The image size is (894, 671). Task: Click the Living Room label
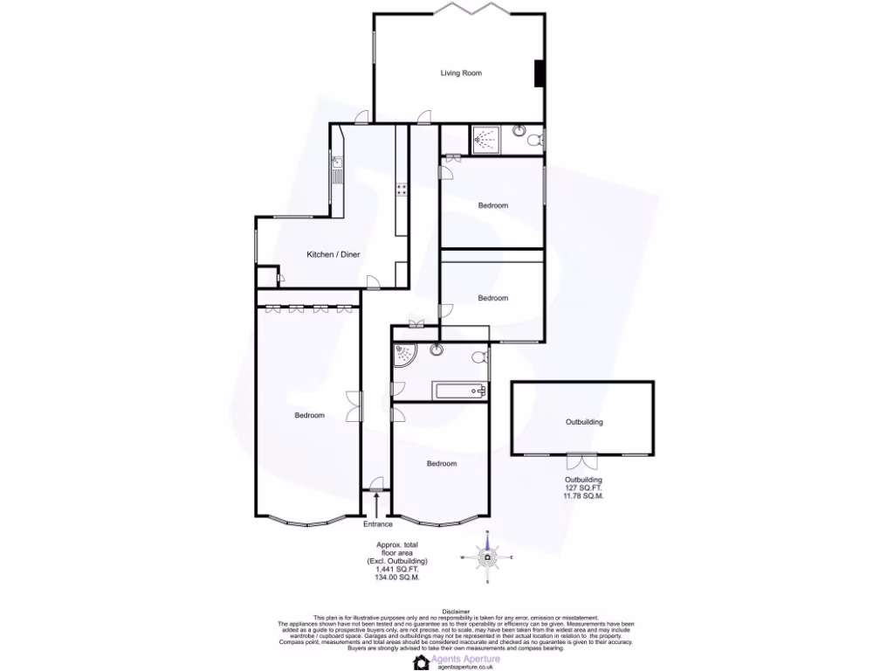460,73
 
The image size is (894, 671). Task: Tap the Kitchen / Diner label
333,254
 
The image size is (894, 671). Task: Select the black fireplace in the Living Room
540,73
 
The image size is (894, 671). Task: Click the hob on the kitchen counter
402,189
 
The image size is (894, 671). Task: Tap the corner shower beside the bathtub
404,355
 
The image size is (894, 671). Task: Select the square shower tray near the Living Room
485,138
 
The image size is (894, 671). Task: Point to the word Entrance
378,524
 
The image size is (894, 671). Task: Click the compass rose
487,557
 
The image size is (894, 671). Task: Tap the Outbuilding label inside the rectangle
584,422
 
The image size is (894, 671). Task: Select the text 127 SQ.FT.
583,488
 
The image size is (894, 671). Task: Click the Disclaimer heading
456,612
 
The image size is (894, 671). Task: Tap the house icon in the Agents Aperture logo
422,662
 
